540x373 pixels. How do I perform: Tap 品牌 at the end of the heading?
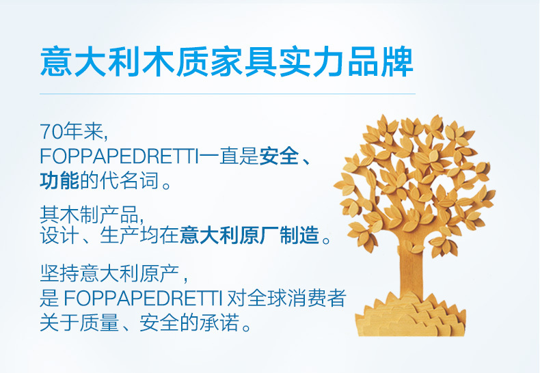(381, 62)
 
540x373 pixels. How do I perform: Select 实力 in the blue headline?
(312, 62)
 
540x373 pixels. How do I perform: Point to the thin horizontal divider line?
(228, 94)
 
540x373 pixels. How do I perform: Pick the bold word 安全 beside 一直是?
(279, 156)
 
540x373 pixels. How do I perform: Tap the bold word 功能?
(59, 180)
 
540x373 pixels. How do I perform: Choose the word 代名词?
(129, 180)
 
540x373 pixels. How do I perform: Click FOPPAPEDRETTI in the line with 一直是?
(119, 156)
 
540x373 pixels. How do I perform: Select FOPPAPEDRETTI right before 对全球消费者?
(142, 298)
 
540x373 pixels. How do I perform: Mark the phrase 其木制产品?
(90, 214)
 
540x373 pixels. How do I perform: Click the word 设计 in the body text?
(59, 236)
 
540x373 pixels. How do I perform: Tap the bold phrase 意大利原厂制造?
(249, 236)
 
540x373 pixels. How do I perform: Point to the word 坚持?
(59, 273)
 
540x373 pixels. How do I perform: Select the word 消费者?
(316, 298)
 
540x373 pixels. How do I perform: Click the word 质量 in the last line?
(99, 322)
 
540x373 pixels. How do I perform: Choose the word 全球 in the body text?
(267, 298)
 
